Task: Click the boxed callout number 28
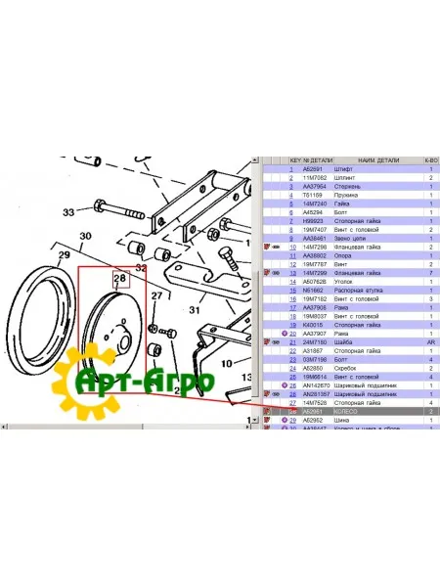click(119, 279)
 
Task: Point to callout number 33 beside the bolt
click(67, 211)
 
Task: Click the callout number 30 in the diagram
click(85, 237)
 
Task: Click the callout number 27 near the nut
click(154, 295)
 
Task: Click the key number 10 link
click(292, 248)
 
